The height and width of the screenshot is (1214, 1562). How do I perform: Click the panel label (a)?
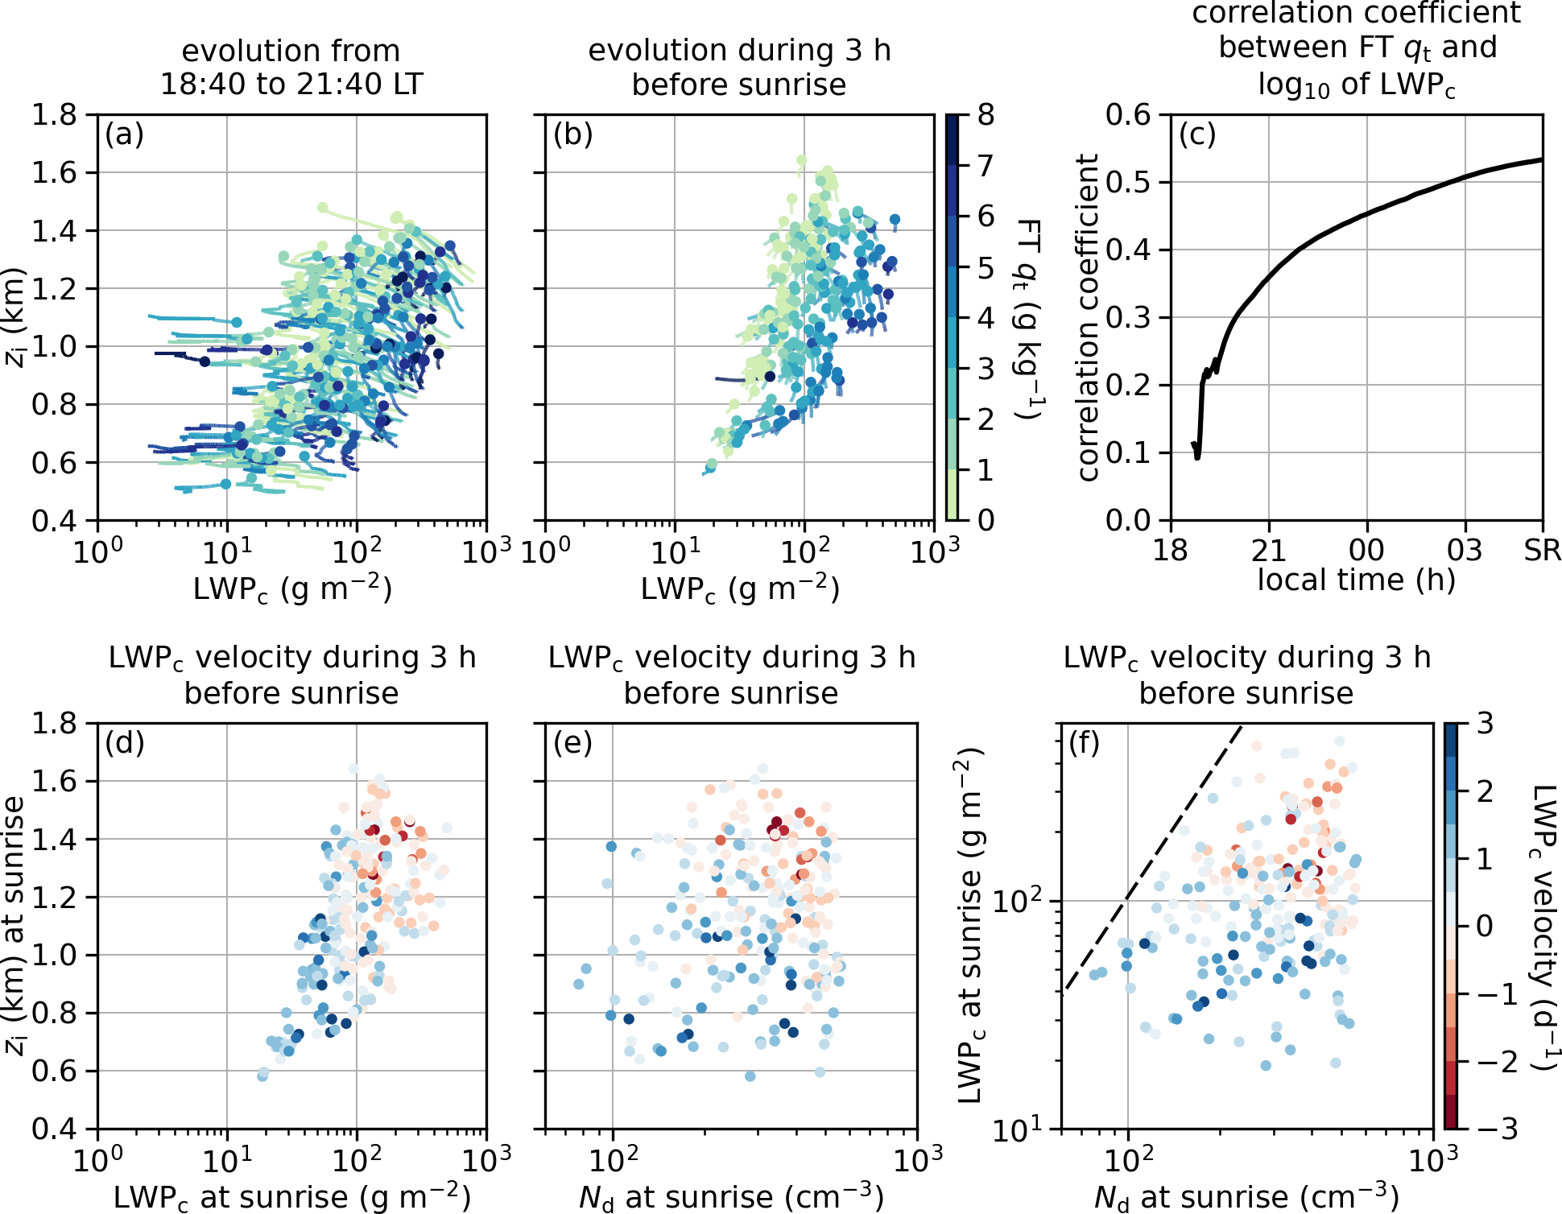coord(124,134)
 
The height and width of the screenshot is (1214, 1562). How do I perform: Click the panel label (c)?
coord(1197,134)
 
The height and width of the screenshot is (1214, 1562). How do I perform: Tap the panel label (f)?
coord(1085,743)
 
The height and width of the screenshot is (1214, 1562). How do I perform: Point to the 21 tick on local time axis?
coord(1268,550)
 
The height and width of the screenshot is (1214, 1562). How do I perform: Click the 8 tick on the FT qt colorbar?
coord(986,115)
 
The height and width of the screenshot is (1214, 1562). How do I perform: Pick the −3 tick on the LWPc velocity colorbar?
coord(1497,1129)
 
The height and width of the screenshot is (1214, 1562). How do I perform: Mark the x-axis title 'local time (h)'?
coord(1357,580)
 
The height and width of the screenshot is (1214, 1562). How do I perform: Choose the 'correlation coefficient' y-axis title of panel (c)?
coord(1088,317)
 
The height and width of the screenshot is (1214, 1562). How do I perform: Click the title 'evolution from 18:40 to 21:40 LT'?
coord(291,67)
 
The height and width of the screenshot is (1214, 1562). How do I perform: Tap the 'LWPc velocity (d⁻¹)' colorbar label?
coord(1542,926)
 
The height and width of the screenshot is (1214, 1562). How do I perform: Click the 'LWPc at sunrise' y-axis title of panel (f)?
coord(971,926)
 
